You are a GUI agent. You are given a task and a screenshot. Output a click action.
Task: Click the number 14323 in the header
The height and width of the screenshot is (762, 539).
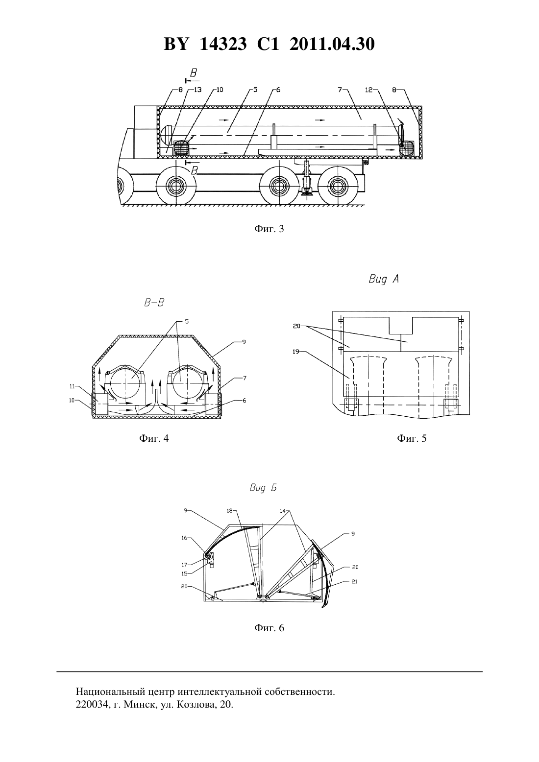[x=223, y=44]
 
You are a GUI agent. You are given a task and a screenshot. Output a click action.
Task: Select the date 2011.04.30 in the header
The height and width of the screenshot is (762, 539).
[x=332, y=44]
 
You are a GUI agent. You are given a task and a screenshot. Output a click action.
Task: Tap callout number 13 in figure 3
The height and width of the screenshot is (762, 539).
[x=197, y=90]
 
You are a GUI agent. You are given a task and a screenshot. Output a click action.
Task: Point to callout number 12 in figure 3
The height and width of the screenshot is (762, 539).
[x=369, y=90]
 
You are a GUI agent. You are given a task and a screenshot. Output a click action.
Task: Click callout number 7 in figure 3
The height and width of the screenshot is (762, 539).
[x=340, y=90]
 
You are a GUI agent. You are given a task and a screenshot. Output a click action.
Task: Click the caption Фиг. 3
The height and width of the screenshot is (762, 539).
[x=269, y=229]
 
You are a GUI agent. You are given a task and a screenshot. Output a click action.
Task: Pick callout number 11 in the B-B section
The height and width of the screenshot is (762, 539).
[x=72, y=386]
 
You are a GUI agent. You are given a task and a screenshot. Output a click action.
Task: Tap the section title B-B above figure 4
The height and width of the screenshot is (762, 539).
[x=154, y=303]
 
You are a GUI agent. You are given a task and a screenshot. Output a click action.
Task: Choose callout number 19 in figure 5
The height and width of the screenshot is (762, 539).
[x=296, y=352]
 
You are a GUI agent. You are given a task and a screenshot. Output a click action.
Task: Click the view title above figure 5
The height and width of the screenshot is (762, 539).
[x=384, y=279]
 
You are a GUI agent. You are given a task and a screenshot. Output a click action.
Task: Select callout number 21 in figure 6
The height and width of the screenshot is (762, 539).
[x=354, y=581]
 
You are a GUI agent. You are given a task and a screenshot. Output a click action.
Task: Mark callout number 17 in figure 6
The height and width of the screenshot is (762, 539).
[x=184, y=564]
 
